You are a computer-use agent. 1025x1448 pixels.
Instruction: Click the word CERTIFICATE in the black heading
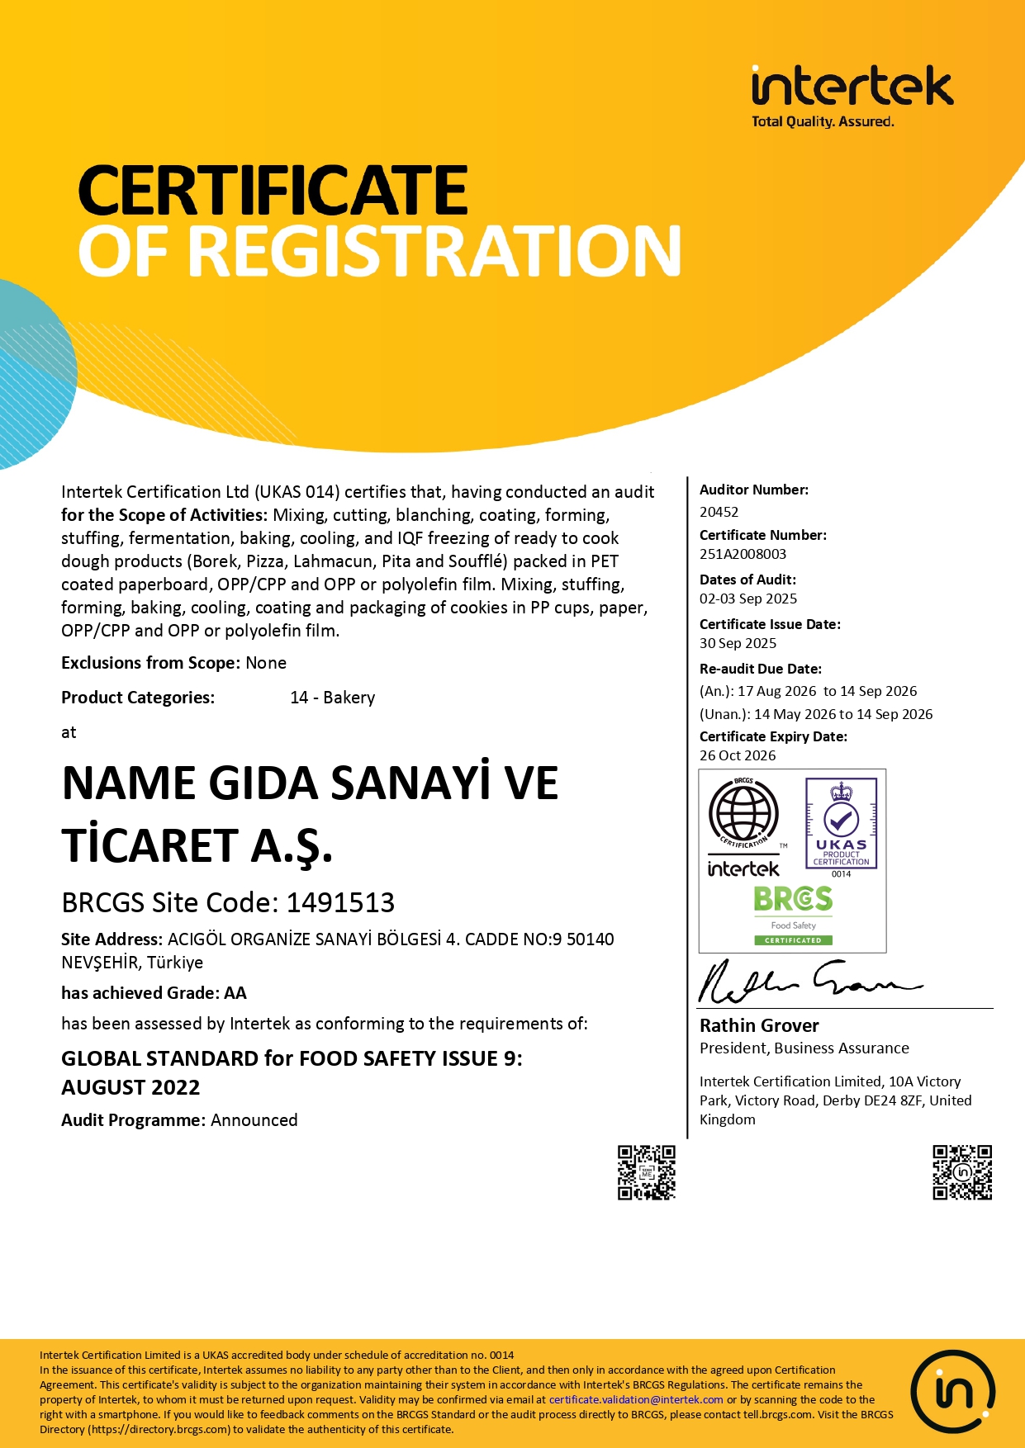[x=273, y=191]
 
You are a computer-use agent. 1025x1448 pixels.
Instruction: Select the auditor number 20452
[x=719, y=512]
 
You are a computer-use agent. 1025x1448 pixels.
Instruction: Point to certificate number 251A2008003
[x=743, y=554]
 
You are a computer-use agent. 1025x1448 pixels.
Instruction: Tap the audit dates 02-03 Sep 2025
[x=748, y=599]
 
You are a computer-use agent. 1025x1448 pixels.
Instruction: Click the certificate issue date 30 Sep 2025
[x=738, y=643]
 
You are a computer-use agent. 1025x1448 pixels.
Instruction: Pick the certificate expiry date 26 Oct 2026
[x=738, y=755]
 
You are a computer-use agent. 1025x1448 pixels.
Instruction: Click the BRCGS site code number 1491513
[x=340, y=902]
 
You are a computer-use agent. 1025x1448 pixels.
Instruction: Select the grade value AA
[x=235, y=993]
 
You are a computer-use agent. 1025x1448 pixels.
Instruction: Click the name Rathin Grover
[x=759, y=1025]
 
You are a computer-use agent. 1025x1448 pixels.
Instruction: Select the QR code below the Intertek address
[x=962, y=1172]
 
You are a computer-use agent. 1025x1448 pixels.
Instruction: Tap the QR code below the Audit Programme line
[x=647, y=1172]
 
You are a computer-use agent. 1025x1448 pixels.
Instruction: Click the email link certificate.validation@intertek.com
[x=636, y=1399]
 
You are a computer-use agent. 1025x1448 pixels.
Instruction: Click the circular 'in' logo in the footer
[x=953, y=1392]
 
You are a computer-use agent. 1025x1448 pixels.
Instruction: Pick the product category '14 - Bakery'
[x=332, y=698]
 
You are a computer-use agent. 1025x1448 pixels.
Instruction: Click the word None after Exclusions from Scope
[x=266, y=663]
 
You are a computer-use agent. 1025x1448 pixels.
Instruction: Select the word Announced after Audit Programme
[x=254, y=1120]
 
